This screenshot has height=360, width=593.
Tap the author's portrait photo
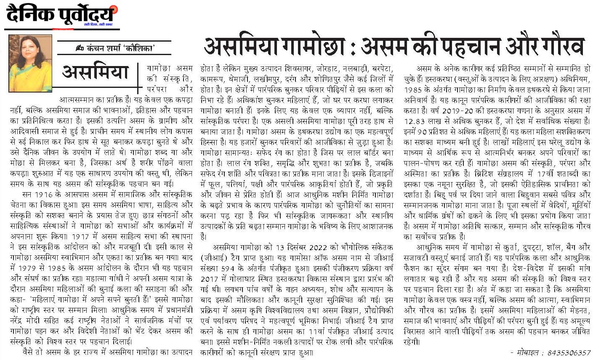(30, 63)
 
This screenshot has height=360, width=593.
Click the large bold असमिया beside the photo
(95, 71)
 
